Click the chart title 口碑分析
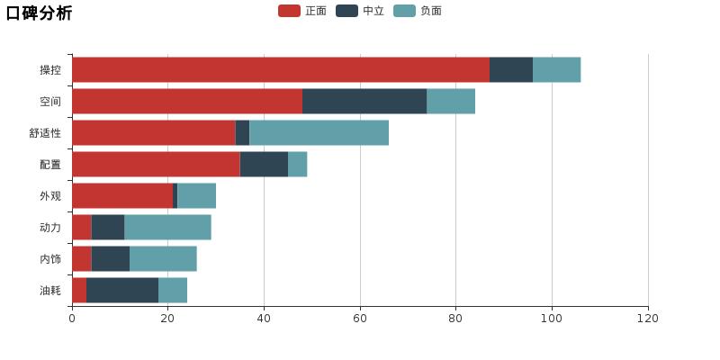(x=39, y=13)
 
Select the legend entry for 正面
(x=302, y=11)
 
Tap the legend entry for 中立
(x=360, y=11)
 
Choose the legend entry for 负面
(x=418, y=11)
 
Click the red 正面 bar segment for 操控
(x=281, y=70)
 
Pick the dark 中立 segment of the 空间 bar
(x=364, y=102)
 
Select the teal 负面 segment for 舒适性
(x=319, y=133)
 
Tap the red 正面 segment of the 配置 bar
(x=156, y=165)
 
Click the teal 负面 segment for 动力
(x=167, y=228)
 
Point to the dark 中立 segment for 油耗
(x=122, y=291)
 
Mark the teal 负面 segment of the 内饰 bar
(x=163, y=259)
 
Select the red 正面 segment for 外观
(x=122, y=196)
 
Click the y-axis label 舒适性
(x=45, y=133)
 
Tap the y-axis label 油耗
(x=50, y=291)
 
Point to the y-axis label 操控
(x=50, y=70)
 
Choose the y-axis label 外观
(x=50, y=196)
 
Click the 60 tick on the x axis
(x=360, y=319)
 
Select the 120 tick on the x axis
(x=648, y=319)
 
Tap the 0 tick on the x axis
(x=72, y=319)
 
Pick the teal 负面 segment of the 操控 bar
(x=556, y=70)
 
